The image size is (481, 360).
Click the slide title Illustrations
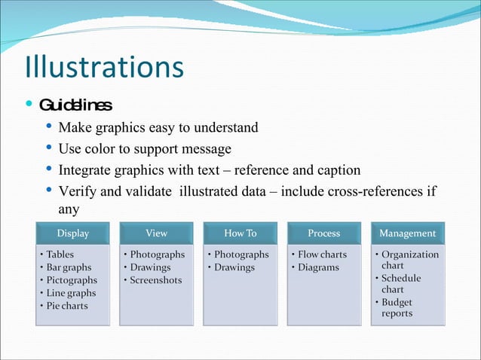coord(104,66)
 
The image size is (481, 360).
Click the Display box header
coord(73,233)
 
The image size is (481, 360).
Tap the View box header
coord(156,233)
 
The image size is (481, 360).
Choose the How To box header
coord(240,233)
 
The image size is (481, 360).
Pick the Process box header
coord(324,233)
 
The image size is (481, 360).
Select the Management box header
coord(408,233)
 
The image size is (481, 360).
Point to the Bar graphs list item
coord(69,267)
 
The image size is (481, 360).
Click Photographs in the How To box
coord(241,255)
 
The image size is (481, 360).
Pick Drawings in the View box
coord(150,267)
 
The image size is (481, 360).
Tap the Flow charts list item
coord(322,255)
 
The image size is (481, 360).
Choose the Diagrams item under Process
coord(318,267)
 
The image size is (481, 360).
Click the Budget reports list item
coord(397,307)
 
